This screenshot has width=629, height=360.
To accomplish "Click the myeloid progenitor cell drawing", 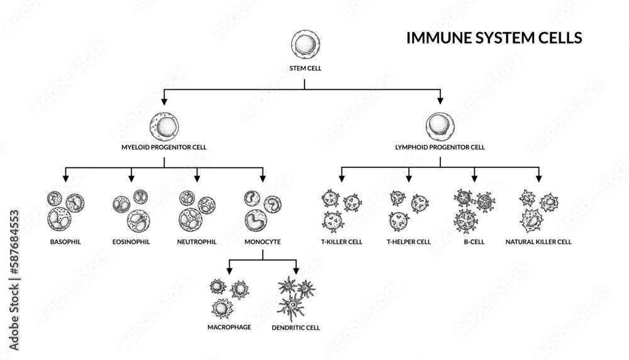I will click(164, 126).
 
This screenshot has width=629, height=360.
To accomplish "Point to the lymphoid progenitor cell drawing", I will click(440, 126).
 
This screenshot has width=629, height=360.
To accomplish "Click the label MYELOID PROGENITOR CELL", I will click(164, 149).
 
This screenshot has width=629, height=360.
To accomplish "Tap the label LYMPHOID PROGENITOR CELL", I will click(440, 149).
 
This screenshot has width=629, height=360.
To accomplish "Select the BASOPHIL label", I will click(65, 241).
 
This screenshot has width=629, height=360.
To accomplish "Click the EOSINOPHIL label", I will click(131, 241).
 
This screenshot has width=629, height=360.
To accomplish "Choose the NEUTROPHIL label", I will click(197, 241).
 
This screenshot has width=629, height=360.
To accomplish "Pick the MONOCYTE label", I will click(262, 241).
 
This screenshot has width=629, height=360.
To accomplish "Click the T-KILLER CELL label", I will click(341, 241).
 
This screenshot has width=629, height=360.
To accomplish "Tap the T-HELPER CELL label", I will click(409, 241).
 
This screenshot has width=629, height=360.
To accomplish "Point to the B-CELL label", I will click(474, 241).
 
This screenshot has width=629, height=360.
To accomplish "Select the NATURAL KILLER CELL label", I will click(538, 241).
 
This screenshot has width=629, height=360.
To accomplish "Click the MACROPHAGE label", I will click(229, 327).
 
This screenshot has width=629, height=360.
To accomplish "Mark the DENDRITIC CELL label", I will click(296, 327).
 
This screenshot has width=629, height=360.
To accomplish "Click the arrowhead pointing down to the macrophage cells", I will click(229, 270).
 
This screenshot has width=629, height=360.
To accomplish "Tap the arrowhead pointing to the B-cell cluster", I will click(474, 178).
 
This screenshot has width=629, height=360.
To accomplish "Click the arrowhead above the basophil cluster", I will click(65, 178).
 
